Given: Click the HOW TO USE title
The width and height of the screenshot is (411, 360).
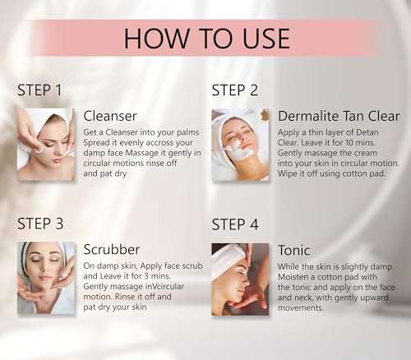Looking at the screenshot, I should pos(206,38).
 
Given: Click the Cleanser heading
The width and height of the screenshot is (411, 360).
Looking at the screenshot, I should pos(110,116).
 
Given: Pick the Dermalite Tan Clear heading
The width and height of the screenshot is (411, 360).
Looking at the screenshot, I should pos(339,116).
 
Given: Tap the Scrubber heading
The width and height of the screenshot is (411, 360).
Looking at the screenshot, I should pos(111,249).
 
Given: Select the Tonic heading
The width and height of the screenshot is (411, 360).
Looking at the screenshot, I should pos(296,249).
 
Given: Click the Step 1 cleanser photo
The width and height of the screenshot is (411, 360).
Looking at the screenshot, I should pos(46,144).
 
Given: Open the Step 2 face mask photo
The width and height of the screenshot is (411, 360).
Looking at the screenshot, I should pos(240,144).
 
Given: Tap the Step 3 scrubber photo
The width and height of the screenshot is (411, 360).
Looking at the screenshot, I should pos(46,278).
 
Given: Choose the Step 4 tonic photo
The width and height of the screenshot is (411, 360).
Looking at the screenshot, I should pos(240,278).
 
